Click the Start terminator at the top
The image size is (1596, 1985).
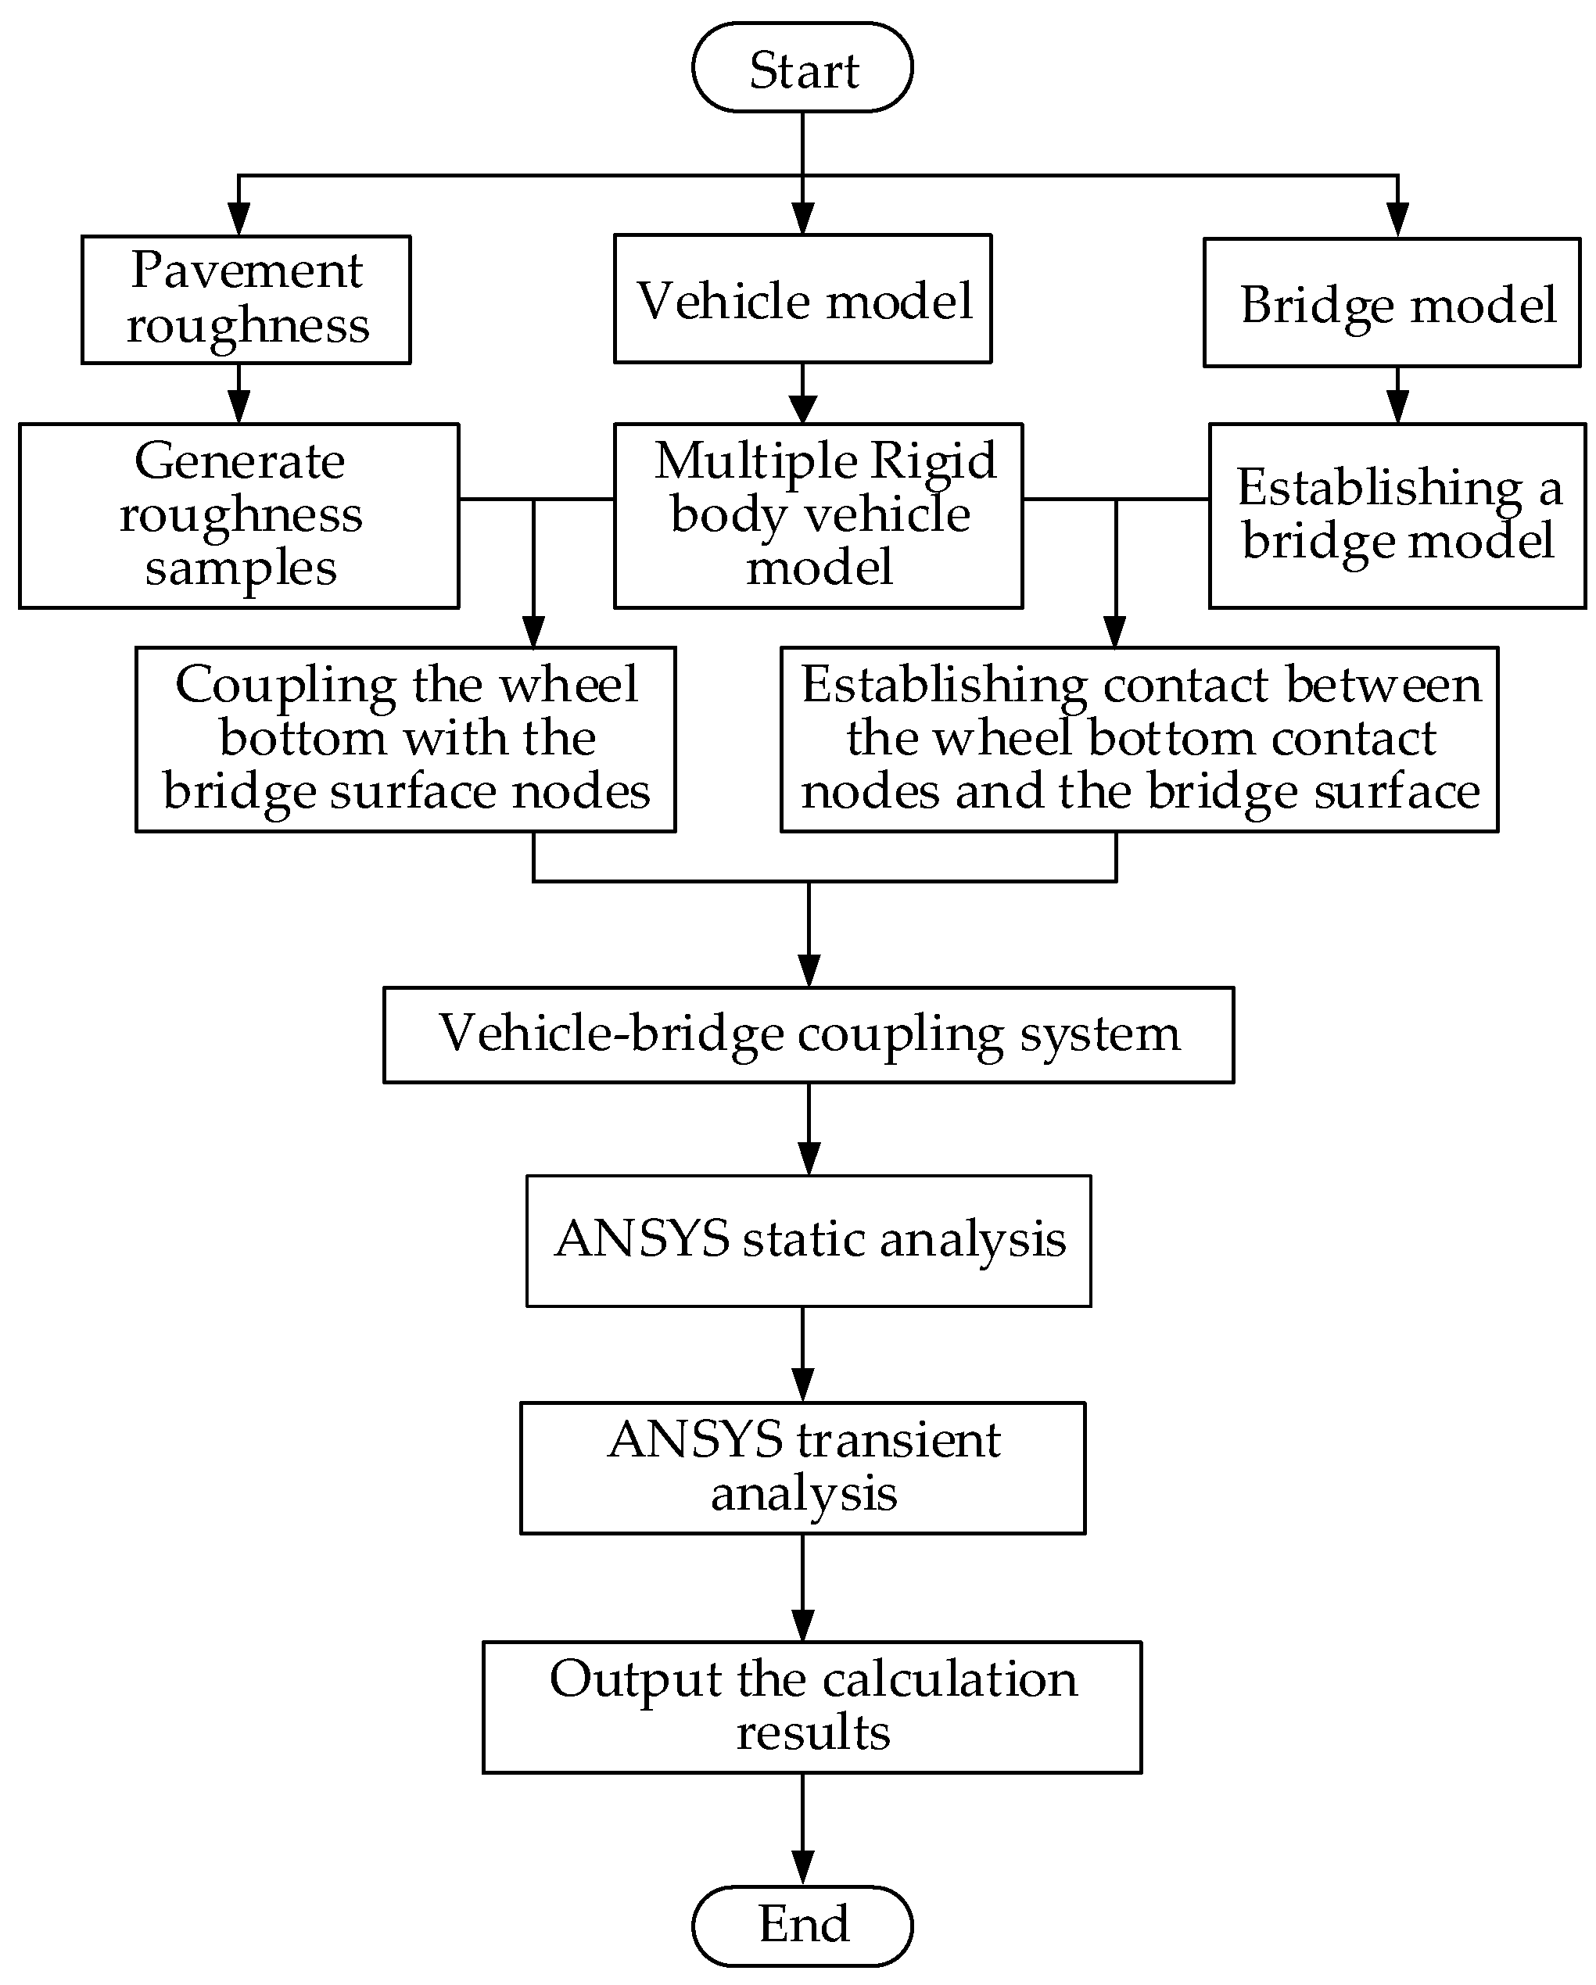(802, 68)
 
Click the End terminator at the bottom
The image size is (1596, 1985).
(802, 1925)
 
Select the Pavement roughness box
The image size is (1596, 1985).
(246, 299)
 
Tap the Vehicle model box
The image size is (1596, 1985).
(802, 299)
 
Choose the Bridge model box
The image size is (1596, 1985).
(1392, 303)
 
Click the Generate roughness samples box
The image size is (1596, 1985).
(239, 515)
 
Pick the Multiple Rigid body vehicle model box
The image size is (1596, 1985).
(818, 515)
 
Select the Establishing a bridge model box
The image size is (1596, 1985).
(1396, 515)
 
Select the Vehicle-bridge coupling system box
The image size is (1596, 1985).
(808, 1035)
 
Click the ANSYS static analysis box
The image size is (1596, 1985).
(808, 1240)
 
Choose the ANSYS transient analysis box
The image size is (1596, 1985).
(802, 1467)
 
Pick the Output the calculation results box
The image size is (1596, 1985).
(812, 1706)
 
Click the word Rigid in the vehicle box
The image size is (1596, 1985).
(933, 460)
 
